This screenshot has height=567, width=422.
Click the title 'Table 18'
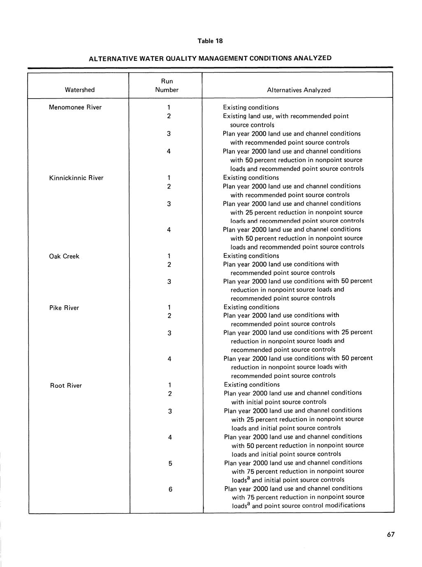(210, 41)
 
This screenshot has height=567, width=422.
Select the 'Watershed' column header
(80, 90)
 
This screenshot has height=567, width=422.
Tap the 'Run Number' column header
(167, 85)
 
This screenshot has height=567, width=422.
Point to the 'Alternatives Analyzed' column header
(299, 90)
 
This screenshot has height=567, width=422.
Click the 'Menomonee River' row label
(75, 108)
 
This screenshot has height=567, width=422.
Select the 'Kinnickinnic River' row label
(76, 178)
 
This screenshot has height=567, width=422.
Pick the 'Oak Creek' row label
(64, 256)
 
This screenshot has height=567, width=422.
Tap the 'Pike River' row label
(64, 308)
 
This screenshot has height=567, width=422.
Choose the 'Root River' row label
(66, 385)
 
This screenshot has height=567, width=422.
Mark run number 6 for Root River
(170, 489)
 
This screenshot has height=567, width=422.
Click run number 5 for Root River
(170, 463)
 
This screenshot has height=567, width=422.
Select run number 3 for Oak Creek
(169, 282)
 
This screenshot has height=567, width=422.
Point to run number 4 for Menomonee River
(169, 152)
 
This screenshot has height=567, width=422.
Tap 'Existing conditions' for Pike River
(251, 307)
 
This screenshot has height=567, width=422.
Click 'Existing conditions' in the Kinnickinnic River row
(251, 178)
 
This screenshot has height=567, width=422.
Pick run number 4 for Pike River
(169, 359)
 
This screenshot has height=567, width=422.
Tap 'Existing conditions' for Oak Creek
(251, 256)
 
